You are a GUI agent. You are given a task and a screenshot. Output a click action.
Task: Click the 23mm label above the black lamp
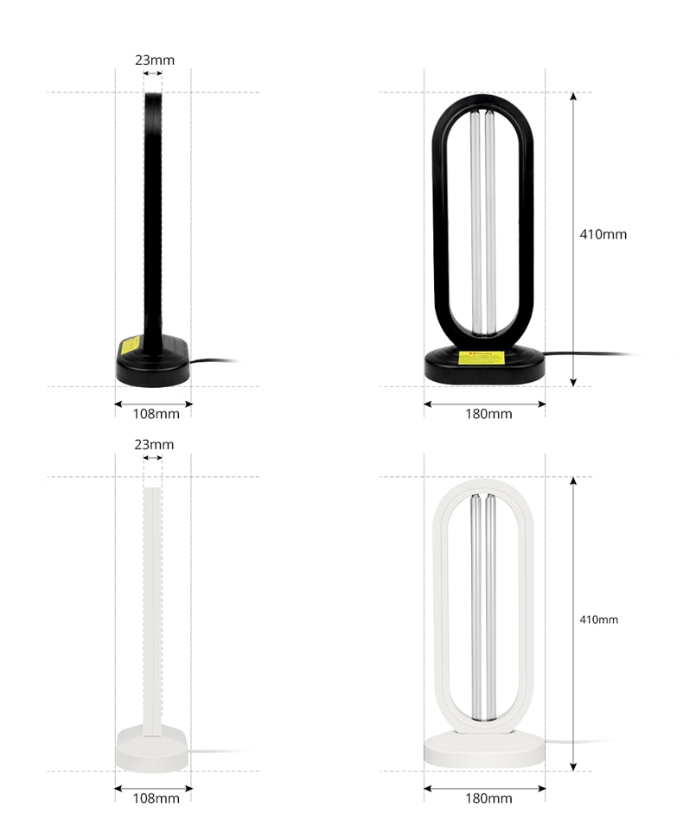click(x=154, y=60)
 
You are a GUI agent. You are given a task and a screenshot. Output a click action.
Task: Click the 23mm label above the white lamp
click(x=154, y=445)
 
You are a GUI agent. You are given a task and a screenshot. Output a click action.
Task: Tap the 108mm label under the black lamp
click(x=156, y=414)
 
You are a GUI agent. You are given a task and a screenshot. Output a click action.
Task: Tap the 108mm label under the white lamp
click(x=156, y=798)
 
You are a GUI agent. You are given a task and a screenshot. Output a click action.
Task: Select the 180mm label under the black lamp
click(x=488, y=414)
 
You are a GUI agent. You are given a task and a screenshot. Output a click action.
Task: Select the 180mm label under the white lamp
click(x=488, y=798)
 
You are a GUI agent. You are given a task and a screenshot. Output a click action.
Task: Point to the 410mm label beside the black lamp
click(x=603, y=234)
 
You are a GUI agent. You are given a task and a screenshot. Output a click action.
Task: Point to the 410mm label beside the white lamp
click(x=598, y=620)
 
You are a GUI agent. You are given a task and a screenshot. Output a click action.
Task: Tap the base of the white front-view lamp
click(x=484, y=750)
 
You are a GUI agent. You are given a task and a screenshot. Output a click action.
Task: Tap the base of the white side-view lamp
click(x=152, y=750)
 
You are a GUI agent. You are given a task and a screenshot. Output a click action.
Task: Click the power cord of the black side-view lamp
click(x=212, y=361)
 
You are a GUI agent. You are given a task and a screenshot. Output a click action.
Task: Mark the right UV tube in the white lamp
click(x=490, y=605)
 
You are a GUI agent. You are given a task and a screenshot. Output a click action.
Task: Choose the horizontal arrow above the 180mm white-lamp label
click(x=484, y=787)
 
